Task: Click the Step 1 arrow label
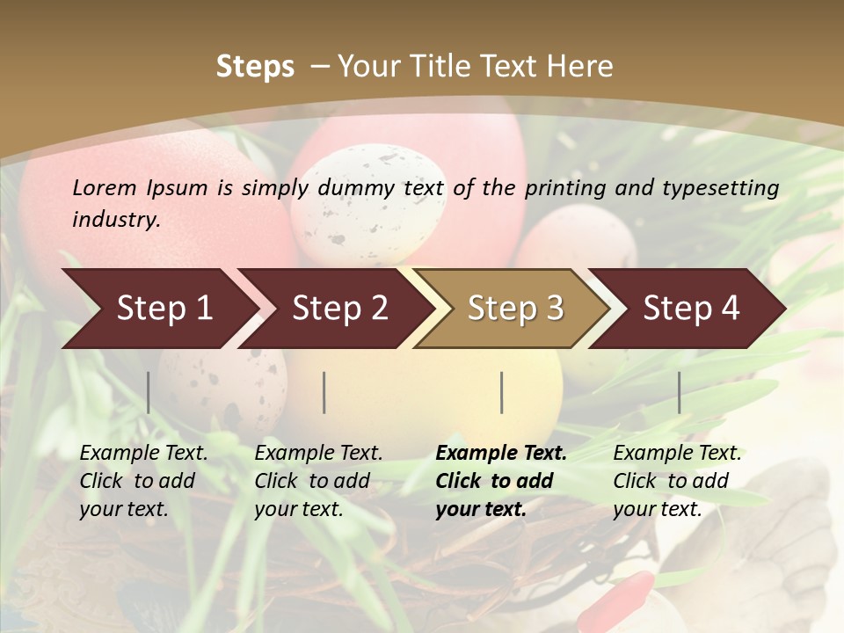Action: pos(164,308)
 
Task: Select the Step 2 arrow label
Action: pos(340,308)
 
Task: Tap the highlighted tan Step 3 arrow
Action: pos(515,308)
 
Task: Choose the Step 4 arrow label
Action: pos(691,308)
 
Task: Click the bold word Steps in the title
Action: pos(255,66)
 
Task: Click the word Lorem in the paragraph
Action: pos(105,187)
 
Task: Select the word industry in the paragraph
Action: pos(116,220)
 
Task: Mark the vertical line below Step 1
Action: pos(149,392)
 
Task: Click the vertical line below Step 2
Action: pos(324,392)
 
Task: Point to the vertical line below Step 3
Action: pos(501,392)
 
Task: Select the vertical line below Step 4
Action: pos(679,392)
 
